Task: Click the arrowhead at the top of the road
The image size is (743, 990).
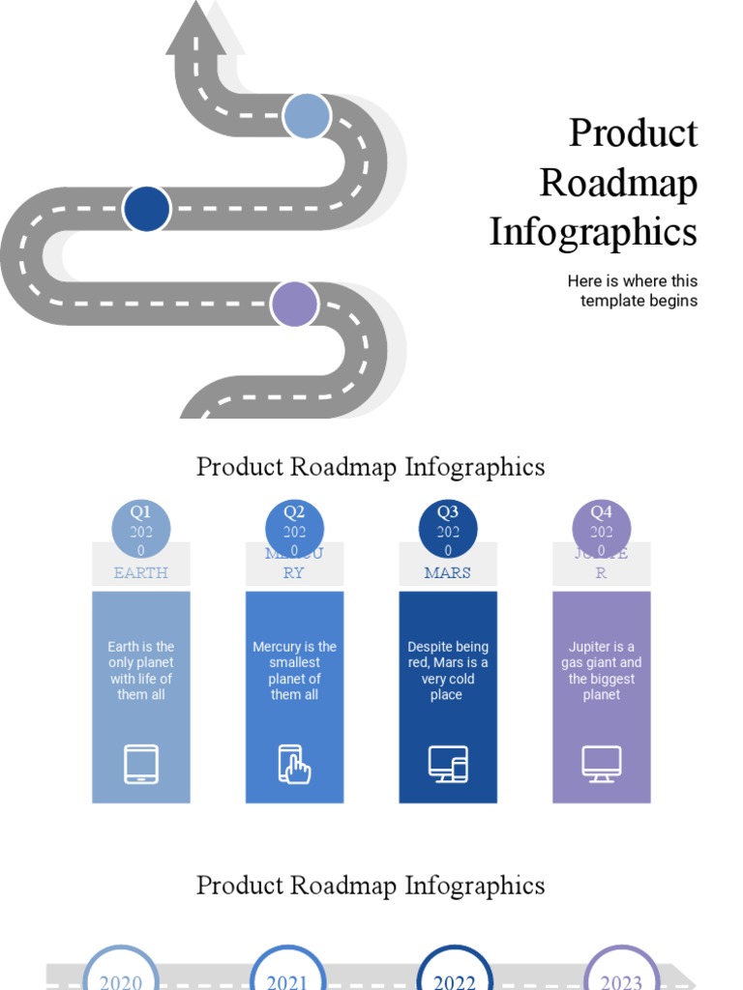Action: pyautogui.click(x=196, y=29)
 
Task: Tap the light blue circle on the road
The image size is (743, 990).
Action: pyautogui.click(x=307, y=116)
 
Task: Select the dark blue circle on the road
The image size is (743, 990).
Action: pyautogui.click(x=147, y=209)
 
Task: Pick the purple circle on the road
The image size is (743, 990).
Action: pyautogui.click(x=294, y=304)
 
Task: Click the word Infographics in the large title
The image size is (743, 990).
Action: pyautogui.click(x=593, y=232)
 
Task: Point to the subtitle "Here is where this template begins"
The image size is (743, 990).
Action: pyautogui.click(x=633, y=290)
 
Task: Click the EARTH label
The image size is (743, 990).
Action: pyautogui.click(x=141, y=572)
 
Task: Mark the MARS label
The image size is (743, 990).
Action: pyautogui.click(x=448, y=572)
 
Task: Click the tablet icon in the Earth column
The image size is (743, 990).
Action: pyautogui.click(x=141, y=764)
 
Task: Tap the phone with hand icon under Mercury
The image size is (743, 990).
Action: pyautogui.click(x=294, y=764)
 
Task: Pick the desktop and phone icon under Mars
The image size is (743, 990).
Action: pyautogui.click(x=448, y=764)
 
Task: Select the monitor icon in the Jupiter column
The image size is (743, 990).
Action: pyautogui.click(x=602, y=764)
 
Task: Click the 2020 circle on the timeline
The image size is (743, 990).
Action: pyautogui.click(x=121, y=975)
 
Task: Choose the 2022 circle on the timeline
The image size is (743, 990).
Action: pyautogui.click(x=455, y=975)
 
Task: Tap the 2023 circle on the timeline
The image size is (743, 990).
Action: pyautogui.click(x=622, y=975)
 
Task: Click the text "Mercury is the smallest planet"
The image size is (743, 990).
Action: pyautogui.click(x=294, y=671)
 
